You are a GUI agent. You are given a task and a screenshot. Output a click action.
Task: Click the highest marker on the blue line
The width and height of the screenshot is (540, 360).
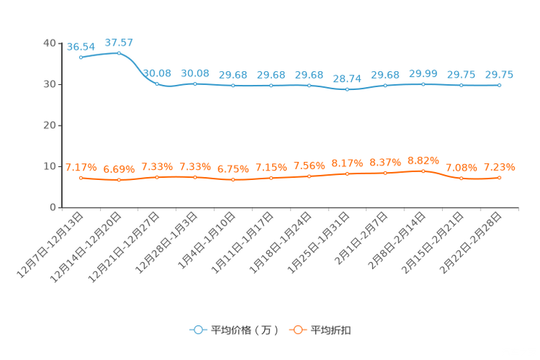tap(118, 53)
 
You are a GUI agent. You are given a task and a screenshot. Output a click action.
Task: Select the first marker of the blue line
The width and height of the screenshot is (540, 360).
tap(81, 57)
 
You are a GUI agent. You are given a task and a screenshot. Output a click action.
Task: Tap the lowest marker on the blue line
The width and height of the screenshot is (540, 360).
tap(347, 89)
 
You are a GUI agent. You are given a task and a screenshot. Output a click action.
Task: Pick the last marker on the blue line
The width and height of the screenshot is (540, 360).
tap(499, 85)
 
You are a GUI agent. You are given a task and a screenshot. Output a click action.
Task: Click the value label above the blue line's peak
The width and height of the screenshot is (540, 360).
tap(119, 42)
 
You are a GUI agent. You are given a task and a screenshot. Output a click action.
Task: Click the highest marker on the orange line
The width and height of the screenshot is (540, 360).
tap(423, 171)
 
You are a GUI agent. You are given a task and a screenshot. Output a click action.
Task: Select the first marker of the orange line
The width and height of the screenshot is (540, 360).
tap(81, 177)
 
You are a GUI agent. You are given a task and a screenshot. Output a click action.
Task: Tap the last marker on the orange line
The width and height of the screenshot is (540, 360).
tap(499, 177)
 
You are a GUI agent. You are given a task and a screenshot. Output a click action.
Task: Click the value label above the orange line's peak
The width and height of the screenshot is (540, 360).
tap(423, 160)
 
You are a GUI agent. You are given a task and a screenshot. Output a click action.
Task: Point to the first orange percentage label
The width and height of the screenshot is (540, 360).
tap(81, 167)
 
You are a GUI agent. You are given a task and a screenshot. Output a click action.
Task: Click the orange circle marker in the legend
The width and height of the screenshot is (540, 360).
tap(298, 330)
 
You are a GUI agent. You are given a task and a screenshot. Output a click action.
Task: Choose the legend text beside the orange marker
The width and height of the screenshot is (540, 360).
tap(332, 330)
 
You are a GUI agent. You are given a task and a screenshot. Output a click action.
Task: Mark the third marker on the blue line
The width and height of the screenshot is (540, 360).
tap(157, 84)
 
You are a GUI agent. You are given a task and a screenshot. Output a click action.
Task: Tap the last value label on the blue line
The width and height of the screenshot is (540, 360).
tap(499, 74)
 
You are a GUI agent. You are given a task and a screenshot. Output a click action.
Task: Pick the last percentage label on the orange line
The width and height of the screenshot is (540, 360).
tap(499, 167)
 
